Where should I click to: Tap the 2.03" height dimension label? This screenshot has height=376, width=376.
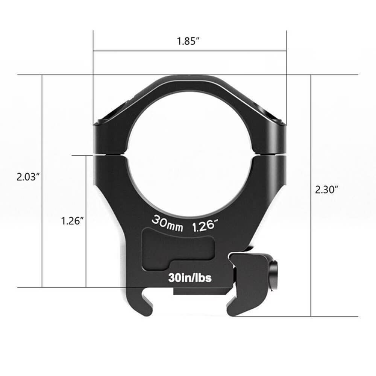[x=28, y=177]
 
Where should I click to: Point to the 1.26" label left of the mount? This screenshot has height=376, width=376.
[x=72, y=221]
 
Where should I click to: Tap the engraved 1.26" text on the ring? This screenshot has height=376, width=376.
[x=205, y=226]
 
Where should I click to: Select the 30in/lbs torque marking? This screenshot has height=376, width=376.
[x=190, y=278]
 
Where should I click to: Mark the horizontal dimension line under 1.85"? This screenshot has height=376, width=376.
[x=190, y=51]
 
